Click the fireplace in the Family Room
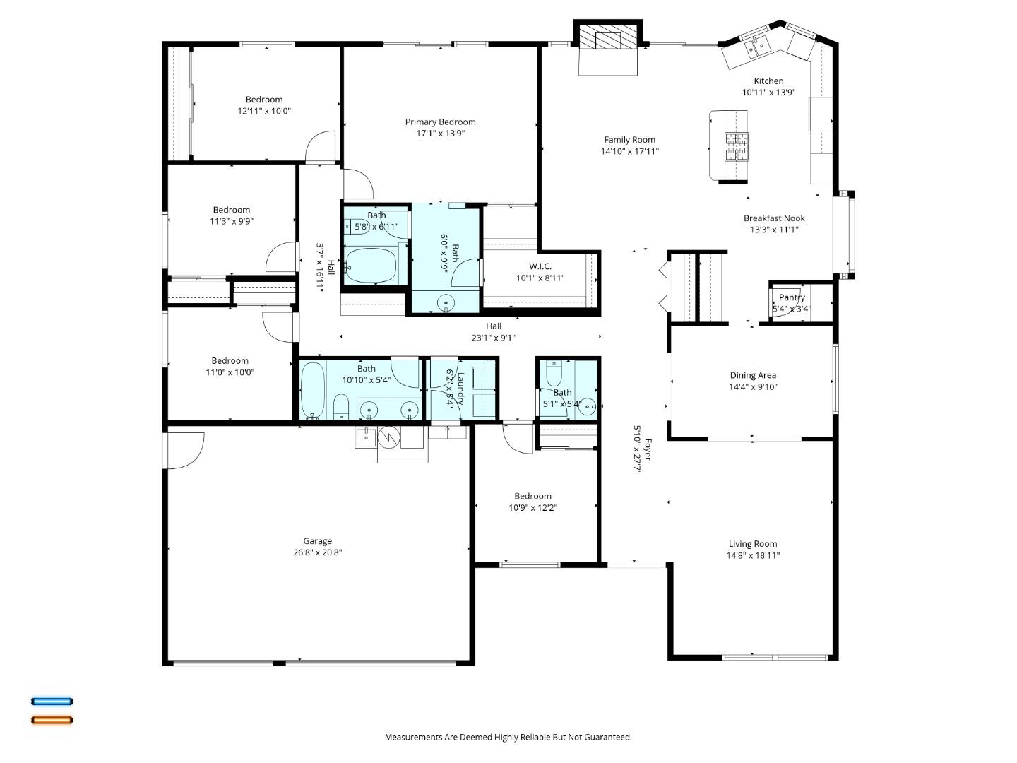click(608, 40)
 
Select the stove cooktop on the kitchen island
click(737, 147)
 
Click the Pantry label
click(791, 297)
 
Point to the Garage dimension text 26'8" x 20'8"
click(317, 553)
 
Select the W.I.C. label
click(540, 266)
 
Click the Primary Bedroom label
click(440, 122)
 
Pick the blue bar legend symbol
click(52, 702)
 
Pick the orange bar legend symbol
click(52, 721)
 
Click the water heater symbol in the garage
click(388, 438)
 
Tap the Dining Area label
click(753, 375)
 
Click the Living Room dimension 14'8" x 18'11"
click(753, 555)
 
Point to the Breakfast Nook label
click(774, 218)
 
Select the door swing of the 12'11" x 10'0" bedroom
click(319, 147)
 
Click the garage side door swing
click(185, 451)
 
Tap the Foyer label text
click(647, 449)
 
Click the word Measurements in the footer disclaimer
click(414, 737)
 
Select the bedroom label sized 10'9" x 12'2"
click(533, 496)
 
